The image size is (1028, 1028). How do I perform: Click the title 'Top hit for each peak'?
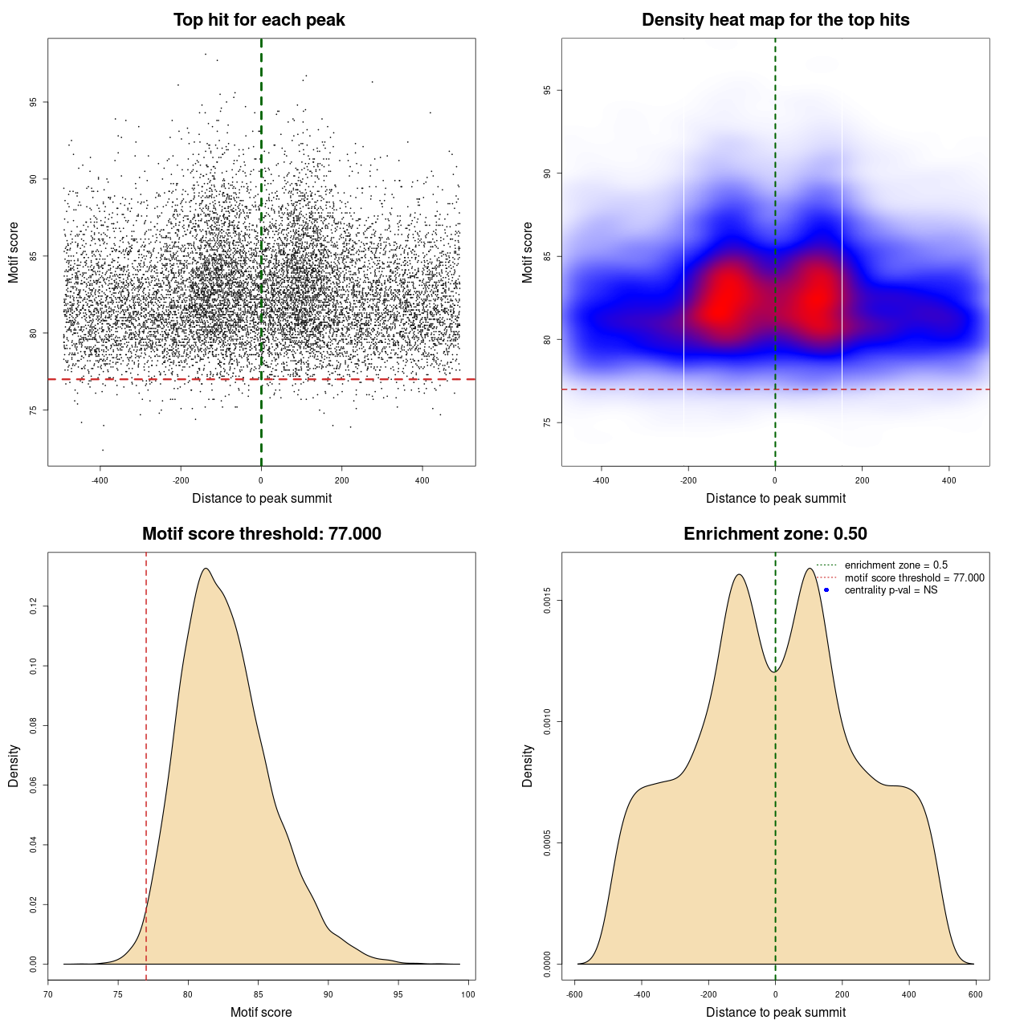[259, 20]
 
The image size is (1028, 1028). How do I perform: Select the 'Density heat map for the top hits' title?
[775, 20]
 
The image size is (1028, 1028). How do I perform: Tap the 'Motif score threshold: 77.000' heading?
[261, 534]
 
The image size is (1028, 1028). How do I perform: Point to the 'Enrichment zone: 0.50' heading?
[775, 534]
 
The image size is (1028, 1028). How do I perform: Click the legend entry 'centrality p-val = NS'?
[891, 590]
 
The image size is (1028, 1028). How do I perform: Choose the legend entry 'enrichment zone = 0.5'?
[895, 565]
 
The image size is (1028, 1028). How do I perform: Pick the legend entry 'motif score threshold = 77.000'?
[914, 578]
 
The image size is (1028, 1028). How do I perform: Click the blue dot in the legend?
[826, 590]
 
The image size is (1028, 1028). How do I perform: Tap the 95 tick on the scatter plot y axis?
[34, 102]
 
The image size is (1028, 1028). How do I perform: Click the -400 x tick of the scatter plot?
[100, 481]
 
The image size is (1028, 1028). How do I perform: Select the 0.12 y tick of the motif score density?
[34, 607]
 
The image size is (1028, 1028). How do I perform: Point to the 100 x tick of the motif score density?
[468, 994]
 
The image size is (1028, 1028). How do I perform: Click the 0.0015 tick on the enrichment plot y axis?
[547, 601]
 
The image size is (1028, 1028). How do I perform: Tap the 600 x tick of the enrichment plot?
[976, 994]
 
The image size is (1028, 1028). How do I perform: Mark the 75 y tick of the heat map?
[547, 422]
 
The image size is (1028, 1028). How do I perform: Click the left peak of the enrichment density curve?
[738, 574]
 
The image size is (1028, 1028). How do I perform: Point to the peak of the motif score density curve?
[206, 569]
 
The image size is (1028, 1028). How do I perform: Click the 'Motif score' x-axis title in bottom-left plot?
[261, 1012]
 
